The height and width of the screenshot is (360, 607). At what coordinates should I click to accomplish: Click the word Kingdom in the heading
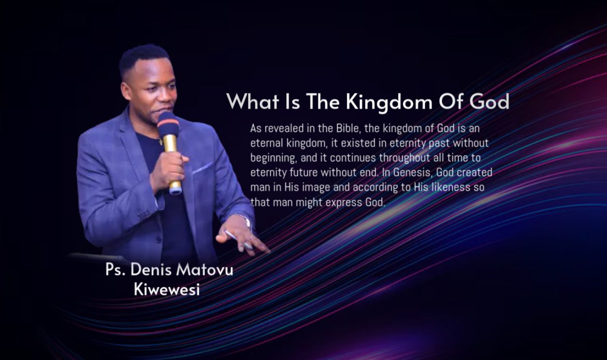point(389,103)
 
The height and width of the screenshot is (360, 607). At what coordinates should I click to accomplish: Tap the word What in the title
point(253,102)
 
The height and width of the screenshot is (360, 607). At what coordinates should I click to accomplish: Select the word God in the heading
point(489,102)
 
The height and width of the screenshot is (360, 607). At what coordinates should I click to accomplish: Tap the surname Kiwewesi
point(167,289)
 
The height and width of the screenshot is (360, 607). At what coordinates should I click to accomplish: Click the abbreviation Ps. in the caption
point(115,269)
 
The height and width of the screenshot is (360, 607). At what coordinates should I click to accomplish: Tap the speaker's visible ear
point(126,92)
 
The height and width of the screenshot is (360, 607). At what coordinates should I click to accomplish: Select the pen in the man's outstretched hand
point(238,240)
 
